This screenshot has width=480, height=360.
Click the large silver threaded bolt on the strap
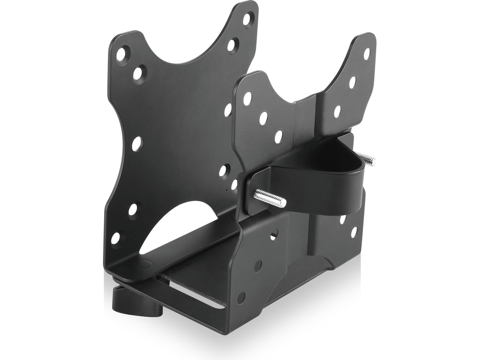tap(270, 198)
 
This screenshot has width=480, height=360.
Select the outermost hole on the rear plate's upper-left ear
tap(122, 54)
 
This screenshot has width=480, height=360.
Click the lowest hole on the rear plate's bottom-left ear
tap(115, 238)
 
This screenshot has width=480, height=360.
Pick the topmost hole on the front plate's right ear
tap(366, 54)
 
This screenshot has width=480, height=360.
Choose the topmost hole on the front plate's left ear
tap(248, 98)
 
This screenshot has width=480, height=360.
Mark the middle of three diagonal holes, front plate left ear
tap(263, 118)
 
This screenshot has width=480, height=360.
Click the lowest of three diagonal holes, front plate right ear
tap(337, 111)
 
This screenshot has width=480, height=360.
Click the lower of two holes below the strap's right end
tap(354, 232)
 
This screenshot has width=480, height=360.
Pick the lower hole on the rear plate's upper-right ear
tap(232, 44)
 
